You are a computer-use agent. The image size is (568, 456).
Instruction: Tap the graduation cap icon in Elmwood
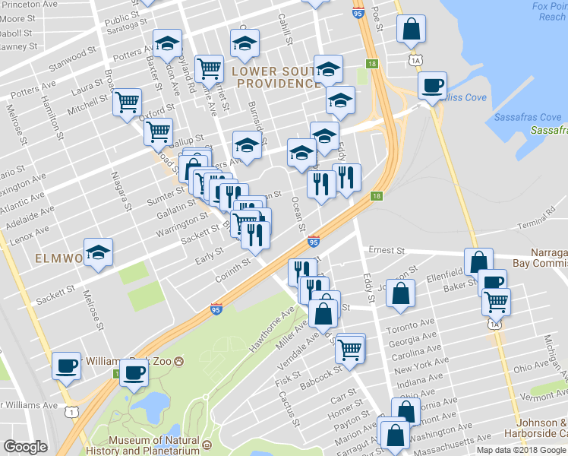pyautogui.click(x=98, y=252)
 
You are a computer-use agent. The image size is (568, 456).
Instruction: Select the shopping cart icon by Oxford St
pyautogui.click(x=128, y=102)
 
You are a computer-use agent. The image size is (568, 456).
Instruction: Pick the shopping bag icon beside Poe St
pyautogui.click(x=411, y=29)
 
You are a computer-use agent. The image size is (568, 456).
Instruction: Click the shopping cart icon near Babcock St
pyautogui.click(x=350, y=350)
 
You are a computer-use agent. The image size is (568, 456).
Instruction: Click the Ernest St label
pyautogui.click(x=387, y=250)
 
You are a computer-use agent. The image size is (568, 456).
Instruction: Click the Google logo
pyautogui.click(x=25, y=447)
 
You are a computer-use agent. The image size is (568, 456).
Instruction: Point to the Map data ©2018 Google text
pyautogui.click(x=520, y=450)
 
